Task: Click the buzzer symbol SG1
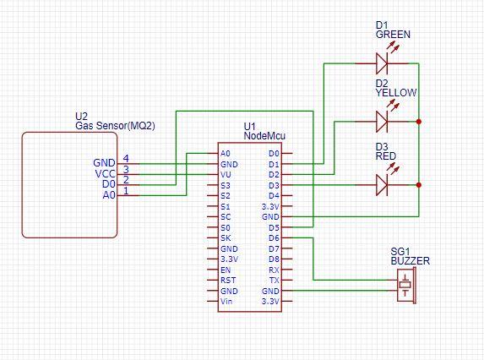[407, 286]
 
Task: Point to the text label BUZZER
[410, 262]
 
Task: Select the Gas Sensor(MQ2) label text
[115, 125]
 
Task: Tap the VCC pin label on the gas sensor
[104, 174]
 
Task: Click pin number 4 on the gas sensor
[126, 158]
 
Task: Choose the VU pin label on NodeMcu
[225, 175]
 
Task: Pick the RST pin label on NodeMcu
[226, 281]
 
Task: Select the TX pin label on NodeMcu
[273, 281]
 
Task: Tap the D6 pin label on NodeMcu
[273, 238]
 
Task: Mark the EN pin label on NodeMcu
[225, 270]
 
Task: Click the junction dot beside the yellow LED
[419, 122]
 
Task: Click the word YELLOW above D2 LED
[395, 93]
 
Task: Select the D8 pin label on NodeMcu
[273, 259]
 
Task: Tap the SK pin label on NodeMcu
[225, 238]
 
